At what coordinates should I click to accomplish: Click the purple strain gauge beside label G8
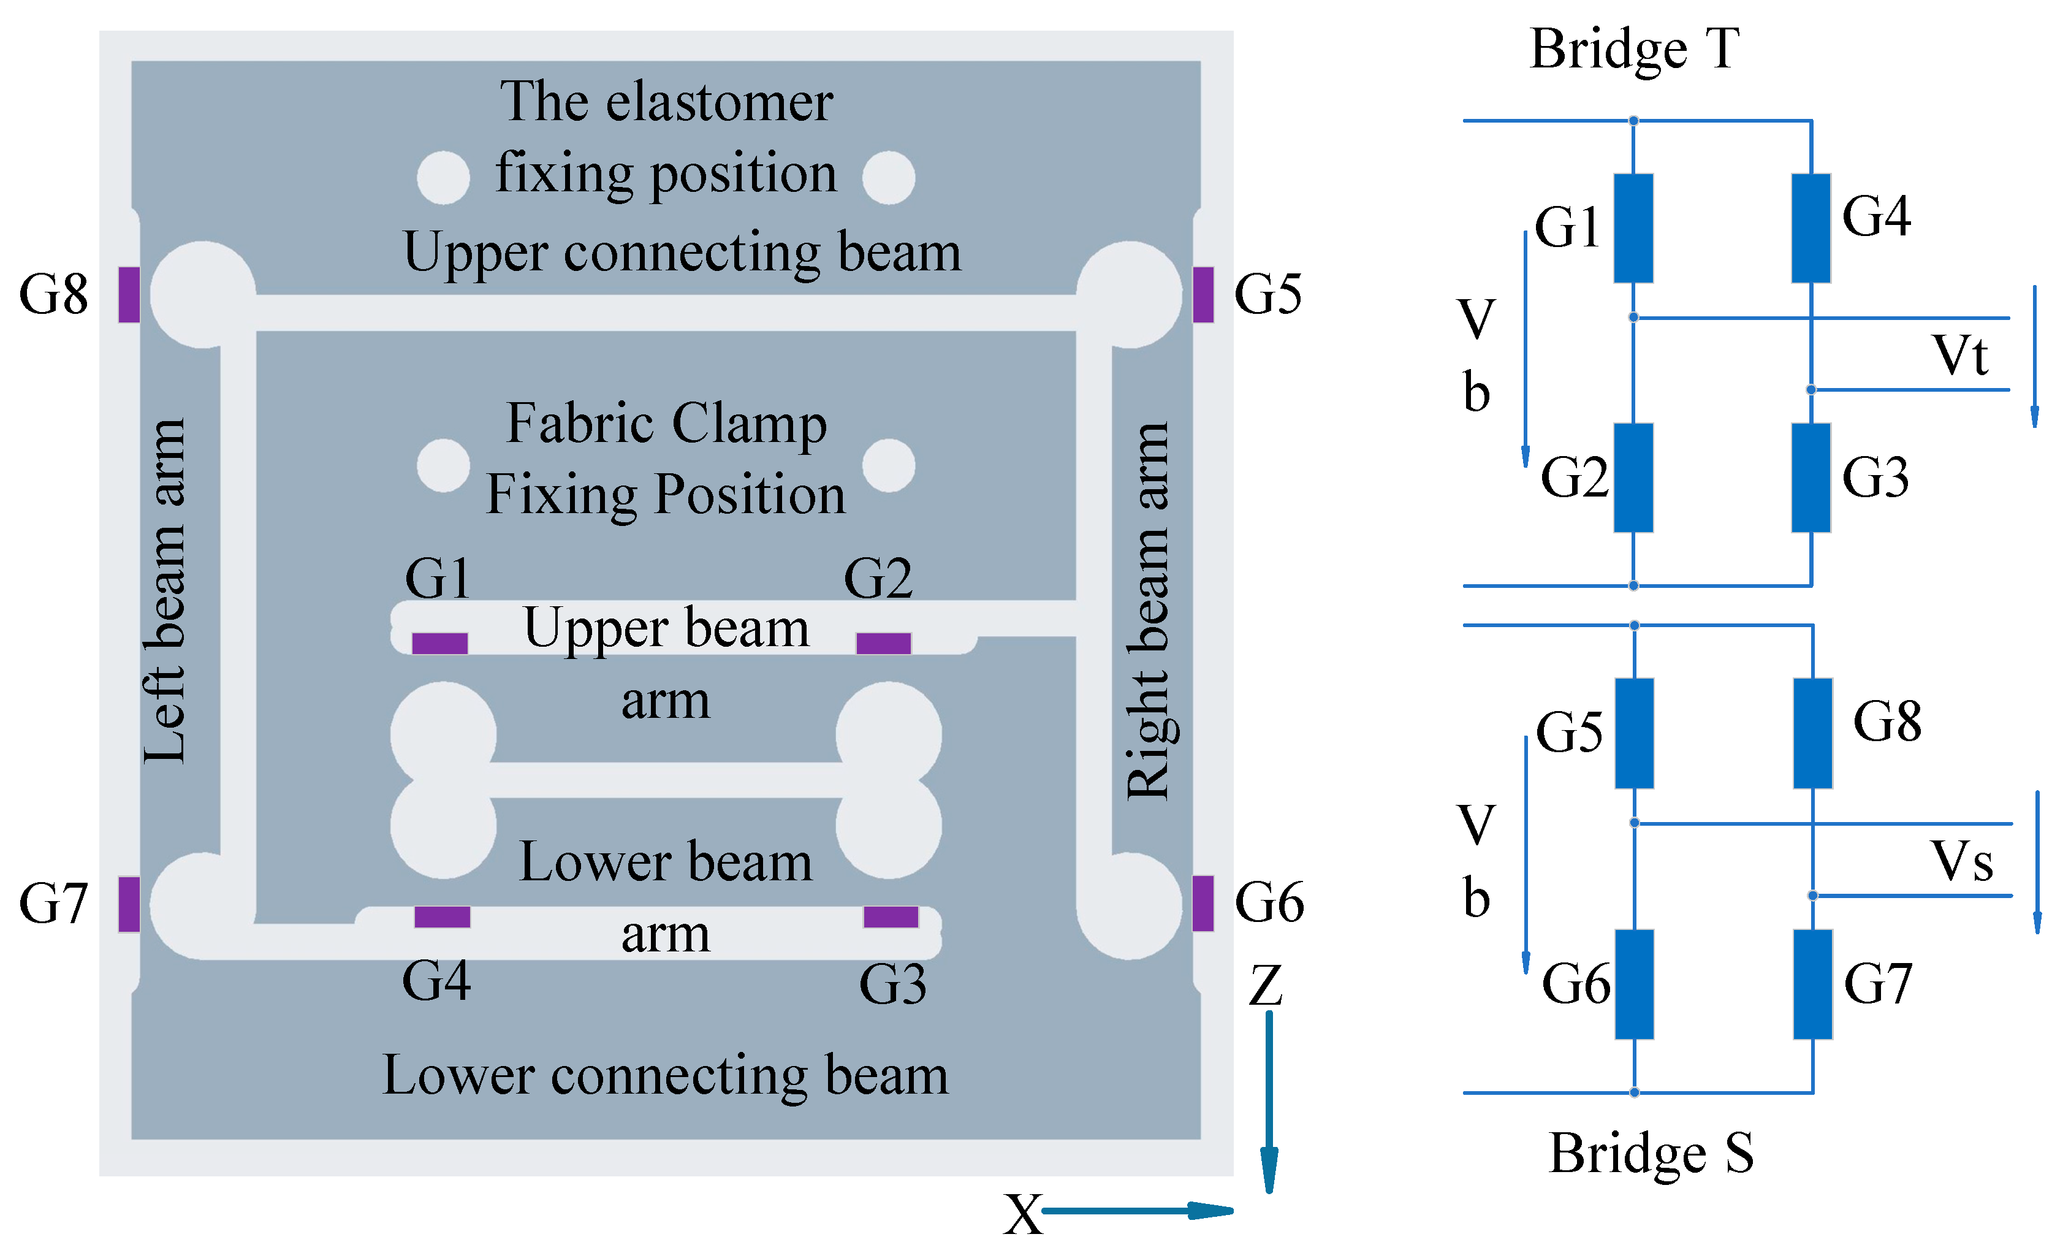pyautogui.click(x=129, y=294)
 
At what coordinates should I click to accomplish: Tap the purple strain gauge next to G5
pyautogui.click(x=1203, y=294)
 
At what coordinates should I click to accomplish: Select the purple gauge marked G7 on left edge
pyautogui.click(x=129, y=904)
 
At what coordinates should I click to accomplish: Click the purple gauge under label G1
pyautogui.click(x=439, y=644)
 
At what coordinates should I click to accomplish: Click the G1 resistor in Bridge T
pyautogui.click(x=1633, y=228)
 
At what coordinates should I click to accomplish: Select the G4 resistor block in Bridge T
pyautogui.click(x=1811, y=228)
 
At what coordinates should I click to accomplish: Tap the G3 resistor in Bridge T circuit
pyautogui.click(x=1811, y=478)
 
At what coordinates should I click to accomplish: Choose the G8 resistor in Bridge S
pyautogui.click(x=1812, y=733)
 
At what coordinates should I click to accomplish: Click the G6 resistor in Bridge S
pyautogui.click(x=1634, y=984)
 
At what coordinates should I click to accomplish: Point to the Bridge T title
pyautogui.click(x=1633, y=49)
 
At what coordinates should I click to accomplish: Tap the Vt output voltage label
pyautogui.click(x=1959, y=355)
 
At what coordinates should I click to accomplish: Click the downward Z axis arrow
pyautogui.click(x=1269, y=1101)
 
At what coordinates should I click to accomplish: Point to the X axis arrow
pyautogui.click(x=1134, y=1210)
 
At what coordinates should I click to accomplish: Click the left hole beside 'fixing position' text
pyautogui.click(x=443, y=177)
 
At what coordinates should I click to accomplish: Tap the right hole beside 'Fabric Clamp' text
pyautogui.click(x=889, y=465)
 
